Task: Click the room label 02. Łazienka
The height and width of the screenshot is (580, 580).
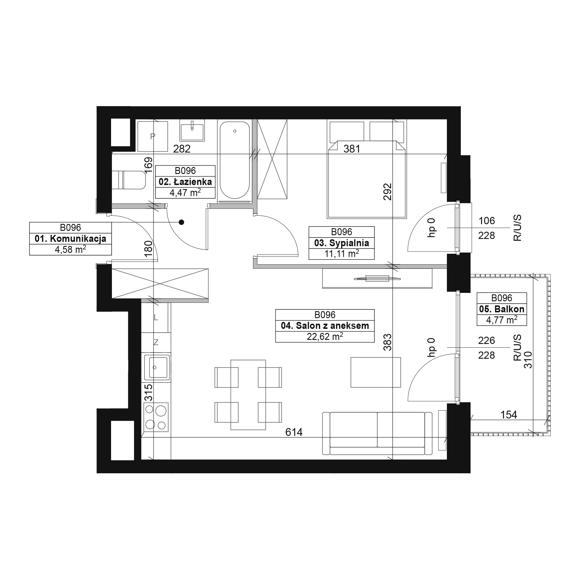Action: [x=185, y=182]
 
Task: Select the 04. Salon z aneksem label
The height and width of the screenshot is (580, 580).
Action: [x=325, y=326]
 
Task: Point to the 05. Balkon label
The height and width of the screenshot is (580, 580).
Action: [x=502, y=309]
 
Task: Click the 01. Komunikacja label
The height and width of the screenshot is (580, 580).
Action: [x=70, y=239]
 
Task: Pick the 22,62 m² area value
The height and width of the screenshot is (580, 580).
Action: [x=325, y=336]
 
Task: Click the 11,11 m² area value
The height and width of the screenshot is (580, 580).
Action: [x=342, y=254]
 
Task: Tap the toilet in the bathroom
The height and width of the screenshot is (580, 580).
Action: [x=129, y=180]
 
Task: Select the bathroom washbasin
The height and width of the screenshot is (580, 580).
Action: [x=192, y=130]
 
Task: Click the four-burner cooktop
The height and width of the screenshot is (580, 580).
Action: [x=156, y=417]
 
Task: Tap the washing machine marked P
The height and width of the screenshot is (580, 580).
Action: [x=153, y=137]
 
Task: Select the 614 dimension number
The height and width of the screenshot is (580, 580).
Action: [x=294, y=432]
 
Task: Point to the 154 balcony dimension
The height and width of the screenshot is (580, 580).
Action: [x=509, y=415]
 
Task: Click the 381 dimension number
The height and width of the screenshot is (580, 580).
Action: [x=352, y=149]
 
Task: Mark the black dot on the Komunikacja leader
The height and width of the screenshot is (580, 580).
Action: [x=181, y=222]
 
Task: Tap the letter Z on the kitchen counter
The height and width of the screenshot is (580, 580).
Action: [x=156, y=342]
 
